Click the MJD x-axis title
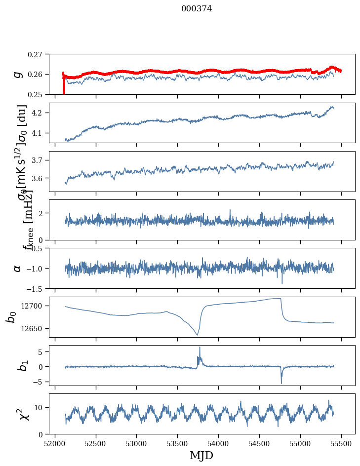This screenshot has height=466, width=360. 201,456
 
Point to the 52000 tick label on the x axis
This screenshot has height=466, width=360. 54,443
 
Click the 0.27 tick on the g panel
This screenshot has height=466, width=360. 35,54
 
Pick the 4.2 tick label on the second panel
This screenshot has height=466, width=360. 38,113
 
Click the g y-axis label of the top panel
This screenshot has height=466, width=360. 18,74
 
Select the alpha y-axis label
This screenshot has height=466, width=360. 18,268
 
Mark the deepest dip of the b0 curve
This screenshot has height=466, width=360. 197,335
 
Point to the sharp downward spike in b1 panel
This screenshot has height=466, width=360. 281,383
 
